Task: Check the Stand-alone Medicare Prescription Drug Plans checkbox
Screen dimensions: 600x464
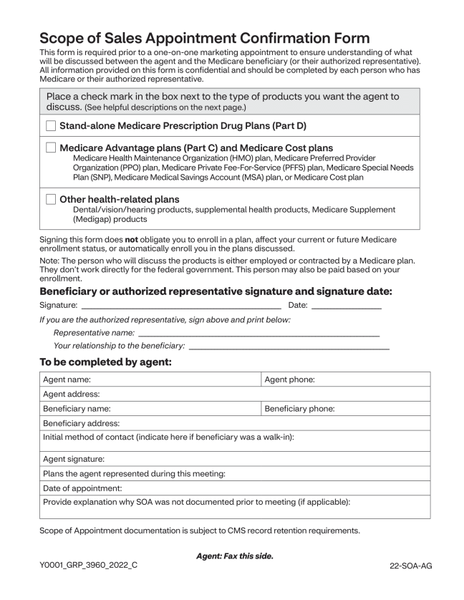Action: point(51,126)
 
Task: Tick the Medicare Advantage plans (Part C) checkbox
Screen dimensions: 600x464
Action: point(51,148)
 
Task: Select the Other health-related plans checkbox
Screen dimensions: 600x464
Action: point(51,199)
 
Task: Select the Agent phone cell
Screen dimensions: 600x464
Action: point(345,379)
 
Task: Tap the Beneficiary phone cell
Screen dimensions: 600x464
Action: point(345,409)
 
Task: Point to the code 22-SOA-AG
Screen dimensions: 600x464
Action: point(406,565)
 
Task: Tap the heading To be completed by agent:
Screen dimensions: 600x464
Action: point(105,362)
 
